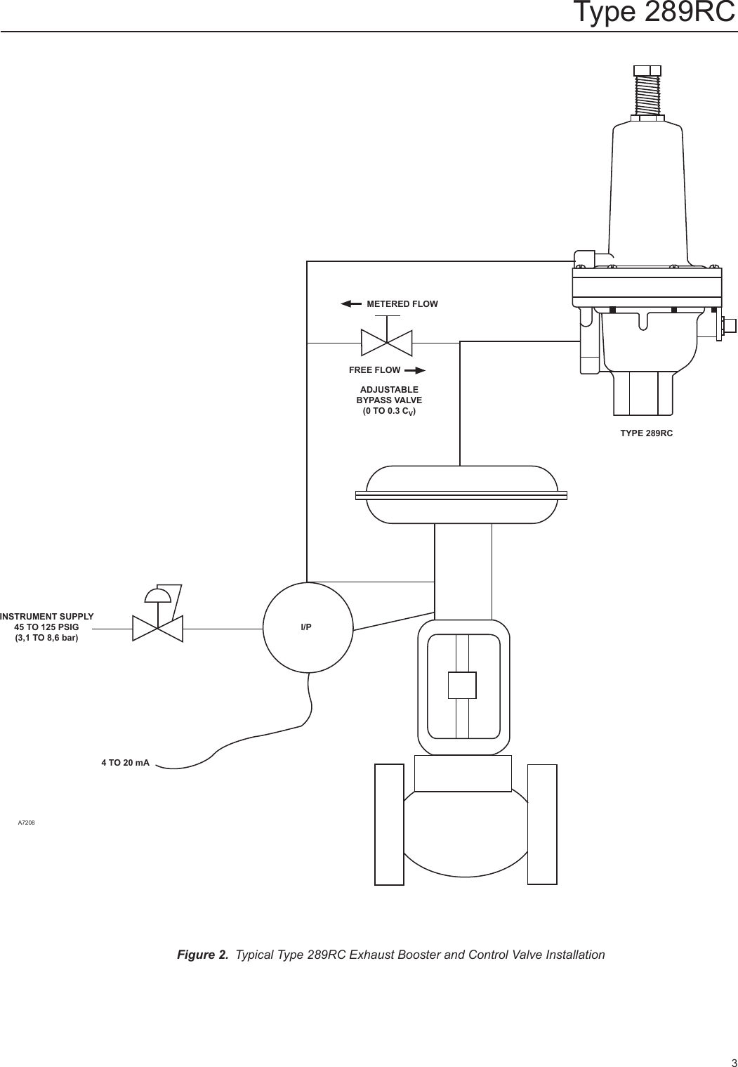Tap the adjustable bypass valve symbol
386,343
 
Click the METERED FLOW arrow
350,304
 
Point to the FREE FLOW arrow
415,370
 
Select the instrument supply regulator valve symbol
158,622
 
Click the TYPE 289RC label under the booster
646,433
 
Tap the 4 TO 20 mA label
126,762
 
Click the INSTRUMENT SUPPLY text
47,616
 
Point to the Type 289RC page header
654,13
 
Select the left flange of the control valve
389,824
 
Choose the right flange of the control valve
542,824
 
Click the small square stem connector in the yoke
462,685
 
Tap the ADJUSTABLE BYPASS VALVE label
389,395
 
